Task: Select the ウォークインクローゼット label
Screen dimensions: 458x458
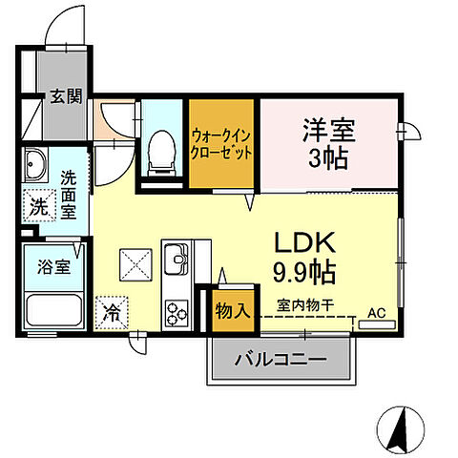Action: click(221, 144)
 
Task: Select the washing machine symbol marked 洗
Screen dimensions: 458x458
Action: click(36, 203)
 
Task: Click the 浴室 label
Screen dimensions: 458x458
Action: click(53, 267)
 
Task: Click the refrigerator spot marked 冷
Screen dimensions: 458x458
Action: click(111, 311)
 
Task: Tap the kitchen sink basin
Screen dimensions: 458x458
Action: click(176, 258)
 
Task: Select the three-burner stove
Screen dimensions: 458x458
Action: click(177, 310)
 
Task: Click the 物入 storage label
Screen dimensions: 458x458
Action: click(232, 310)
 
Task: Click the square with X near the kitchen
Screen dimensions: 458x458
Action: click(134, 261)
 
